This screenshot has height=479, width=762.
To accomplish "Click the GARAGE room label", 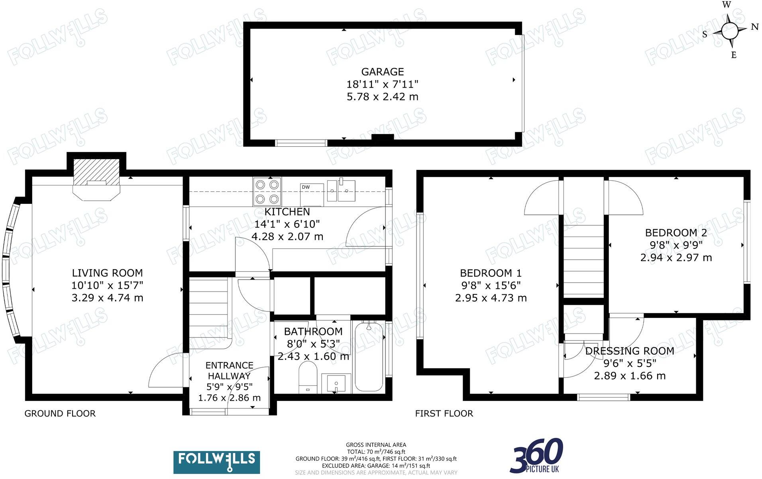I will click(x=382, y=72).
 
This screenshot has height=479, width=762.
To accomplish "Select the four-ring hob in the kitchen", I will click(x=267, y=191).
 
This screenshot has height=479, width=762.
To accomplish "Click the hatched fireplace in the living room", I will click(x=96, y=172).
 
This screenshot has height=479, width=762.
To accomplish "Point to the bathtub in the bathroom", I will click(x=369, y=357).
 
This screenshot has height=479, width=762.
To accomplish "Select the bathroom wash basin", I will click(x=336, y=383).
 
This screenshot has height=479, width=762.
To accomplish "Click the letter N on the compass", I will click(x=754, y=27).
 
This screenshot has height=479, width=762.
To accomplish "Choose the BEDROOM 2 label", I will click(x=676, y=233).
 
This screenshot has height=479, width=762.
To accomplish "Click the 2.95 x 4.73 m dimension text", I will click(x=491, y=298).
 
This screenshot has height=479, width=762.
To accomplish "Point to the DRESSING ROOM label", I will click(x=629, y=351).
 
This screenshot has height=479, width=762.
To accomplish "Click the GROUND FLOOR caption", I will click(x=60, y=414).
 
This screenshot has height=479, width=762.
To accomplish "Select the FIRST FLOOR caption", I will click(x=444, y=414).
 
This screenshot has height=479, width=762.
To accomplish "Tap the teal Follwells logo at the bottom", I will click(x=216, y=462).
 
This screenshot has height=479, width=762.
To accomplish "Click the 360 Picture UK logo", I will click(x=537, y=455).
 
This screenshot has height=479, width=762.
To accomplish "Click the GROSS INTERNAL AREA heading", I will click(x=376, y=445).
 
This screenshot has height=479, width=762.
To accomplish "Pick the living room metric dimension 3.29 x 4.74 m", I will click(x=107, y=298).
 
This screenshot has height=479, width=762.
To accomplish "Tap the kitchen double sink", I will click(x=341, y=191).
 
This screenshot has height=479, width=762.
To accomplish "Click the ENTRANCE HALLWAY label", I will click(x=229, y=371).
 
